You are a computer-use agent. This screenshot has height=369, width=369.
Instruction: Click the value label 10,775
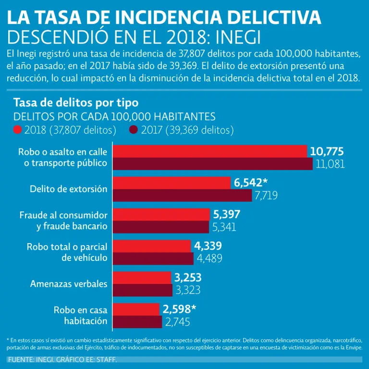[327, 152]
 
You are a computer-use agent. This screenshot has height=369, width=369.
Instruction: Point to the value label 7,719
[266, 195]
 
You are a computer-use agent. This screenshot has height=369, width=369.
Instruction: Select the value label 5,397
[226, 214]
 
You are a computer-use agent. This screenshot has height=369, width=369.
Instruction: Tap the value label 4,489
[209, 258]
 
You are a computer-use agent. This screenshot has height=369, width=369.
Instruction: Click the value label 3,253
[188, 278]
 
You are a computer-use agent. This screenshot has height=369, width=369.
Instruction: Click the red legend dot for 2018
[18, 130]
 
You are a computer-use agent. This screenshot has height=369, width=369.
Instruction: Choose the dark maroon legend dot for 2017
[133, 130]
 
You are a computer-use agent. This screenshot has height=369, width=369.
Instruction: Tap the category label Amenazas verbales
[69, 283]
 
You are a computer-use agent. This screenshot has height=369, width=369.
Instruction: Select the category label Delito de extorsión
[68, 189]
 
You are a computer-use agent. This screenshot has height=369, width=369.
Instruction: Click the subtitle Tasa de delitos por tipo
[76, 102]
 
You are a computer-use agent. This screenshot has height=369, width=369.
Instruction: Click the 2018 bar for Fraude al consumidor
[161, 214]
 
